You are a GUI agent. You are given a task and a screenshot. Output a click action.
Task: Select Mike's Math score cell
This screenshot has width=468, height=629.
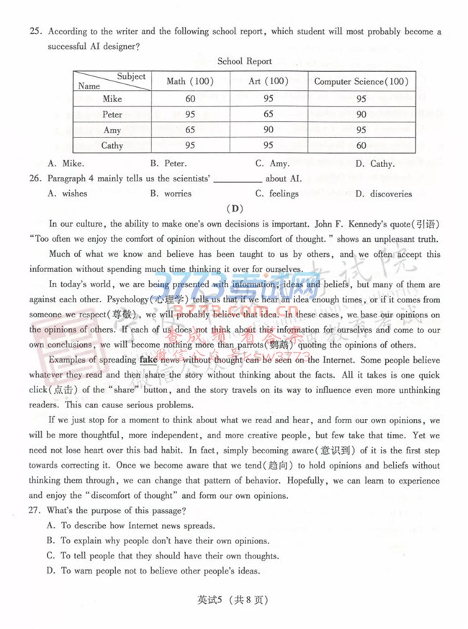coord(190,99)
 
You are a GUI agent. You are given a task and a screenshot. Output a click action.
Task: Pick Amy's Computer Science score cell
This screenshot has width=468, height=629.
coord(361,130)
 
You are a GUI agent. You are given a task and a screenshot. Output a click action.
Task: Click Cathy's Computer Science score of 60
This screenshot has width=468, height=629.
coord(361,146)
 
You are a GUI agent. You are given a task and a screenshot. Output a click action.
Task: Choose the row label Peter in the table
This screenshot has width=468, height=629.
coord(112,114)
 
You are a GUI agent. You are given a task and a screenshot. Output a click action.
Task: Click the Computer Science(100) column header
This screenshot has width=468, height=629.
coord(361,81)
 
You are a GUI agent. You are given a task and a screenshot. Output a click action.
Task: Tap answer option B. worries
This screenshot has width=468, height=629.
coord(171,194)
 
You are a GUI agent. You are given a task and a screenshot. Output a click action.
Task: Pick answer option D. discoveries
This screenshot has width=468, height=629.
coord(383,194)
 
